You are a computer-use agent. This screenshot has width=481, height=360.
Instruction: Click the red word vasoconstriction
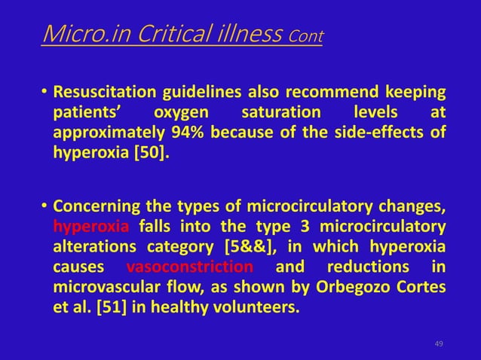point(190,267)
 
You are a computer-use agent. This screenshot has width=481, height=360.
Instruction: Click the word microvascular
point(107,288)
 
